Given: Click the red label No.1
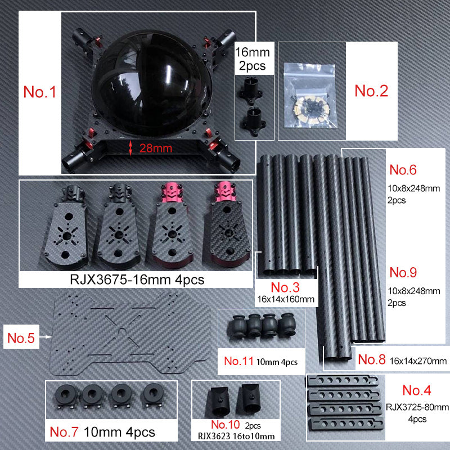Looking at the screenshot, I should pyautogui.click(x=40, y=92).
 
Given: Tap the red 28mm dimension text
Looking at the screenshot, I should pyautogui.click(x=153, y=148).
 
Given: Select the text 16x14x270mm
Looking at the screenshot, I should pyautogui.click(x=418, y=361).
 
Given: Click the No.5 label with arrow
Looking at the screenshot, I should pyautogui.click(x=21, y=338).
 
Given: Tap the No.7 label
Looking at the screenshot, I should pyautogui.click(x=66, y=432).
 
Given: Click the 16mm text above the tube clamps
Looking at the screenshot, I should pyautogui.click(x=252, y=53).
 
